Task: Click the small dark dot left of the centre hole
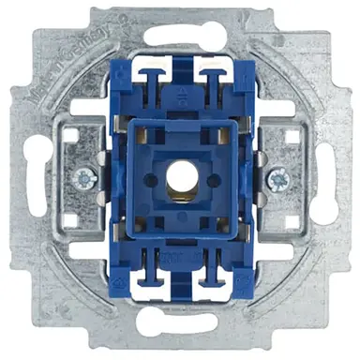coord(150,178)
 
